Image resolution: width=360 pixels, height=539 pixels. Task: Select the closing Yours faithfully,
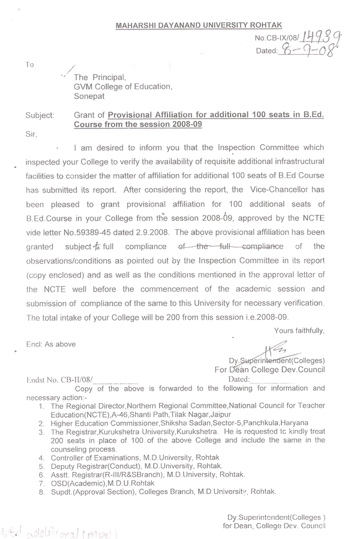pyautogui.click(x=299, y=330)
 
